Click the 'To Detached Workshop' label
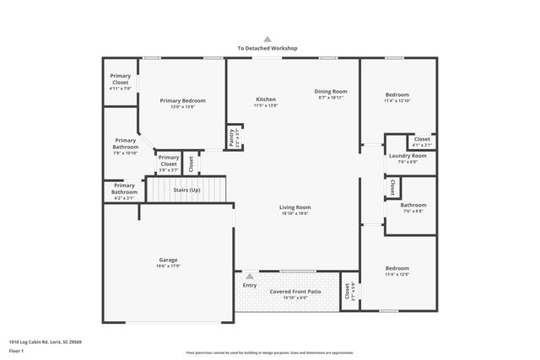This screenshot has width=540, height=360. (267, 49)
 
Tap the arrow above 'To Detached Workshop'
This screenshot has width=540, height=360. (267, 39)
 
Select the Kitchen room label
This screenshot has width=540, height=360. (266, 99)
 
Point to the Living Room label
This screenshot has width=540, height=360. (295, 207)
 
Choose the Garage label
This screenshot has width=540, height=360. (168, 260)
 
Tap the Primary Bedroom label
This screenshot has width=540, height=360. (182, 100)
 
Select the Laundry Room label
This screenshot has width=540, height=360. (408, 156)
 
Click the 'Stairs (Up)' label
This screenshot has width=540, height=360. (187, 190)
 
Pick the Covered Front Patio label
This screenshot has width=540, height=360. (295, 292)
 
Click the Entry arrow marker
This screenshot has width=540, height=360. (250, 276)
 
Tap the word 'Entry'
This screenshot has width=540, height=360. (250, 285)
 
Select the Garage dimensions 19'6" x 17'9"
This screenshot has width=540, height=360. (168, 266)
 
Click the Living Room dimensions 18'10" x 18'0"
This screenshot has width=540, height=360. (295, 213)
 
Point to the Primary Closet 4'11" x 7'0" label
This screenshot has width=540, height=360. (121, 89)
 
